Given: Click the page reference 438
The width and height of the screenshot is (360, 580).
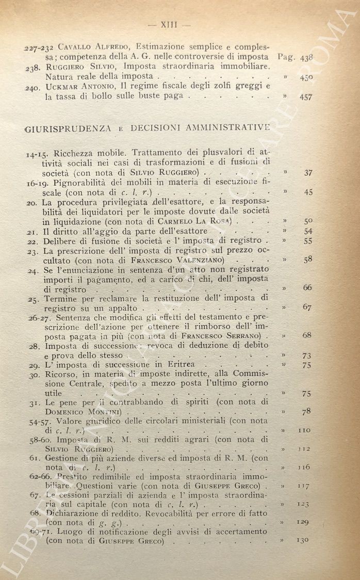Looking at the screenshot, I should (x=306, y=58).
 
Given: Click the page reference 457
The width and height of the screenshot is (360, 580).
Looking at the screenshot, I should (x=306, y=96).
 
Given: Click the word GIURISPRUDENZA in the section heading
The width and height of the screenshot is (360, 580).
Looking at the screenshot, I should (x=66, y=128).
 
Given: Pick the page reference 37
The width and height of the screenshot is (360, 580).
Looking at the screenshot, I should (x=308, y=173).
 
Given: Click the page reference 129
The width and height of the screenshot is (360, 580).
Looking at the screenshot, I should (x=303, y=522).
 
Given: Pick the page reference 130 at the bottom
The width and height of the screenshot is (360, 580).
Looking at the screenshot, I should (x=303, y=540).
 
